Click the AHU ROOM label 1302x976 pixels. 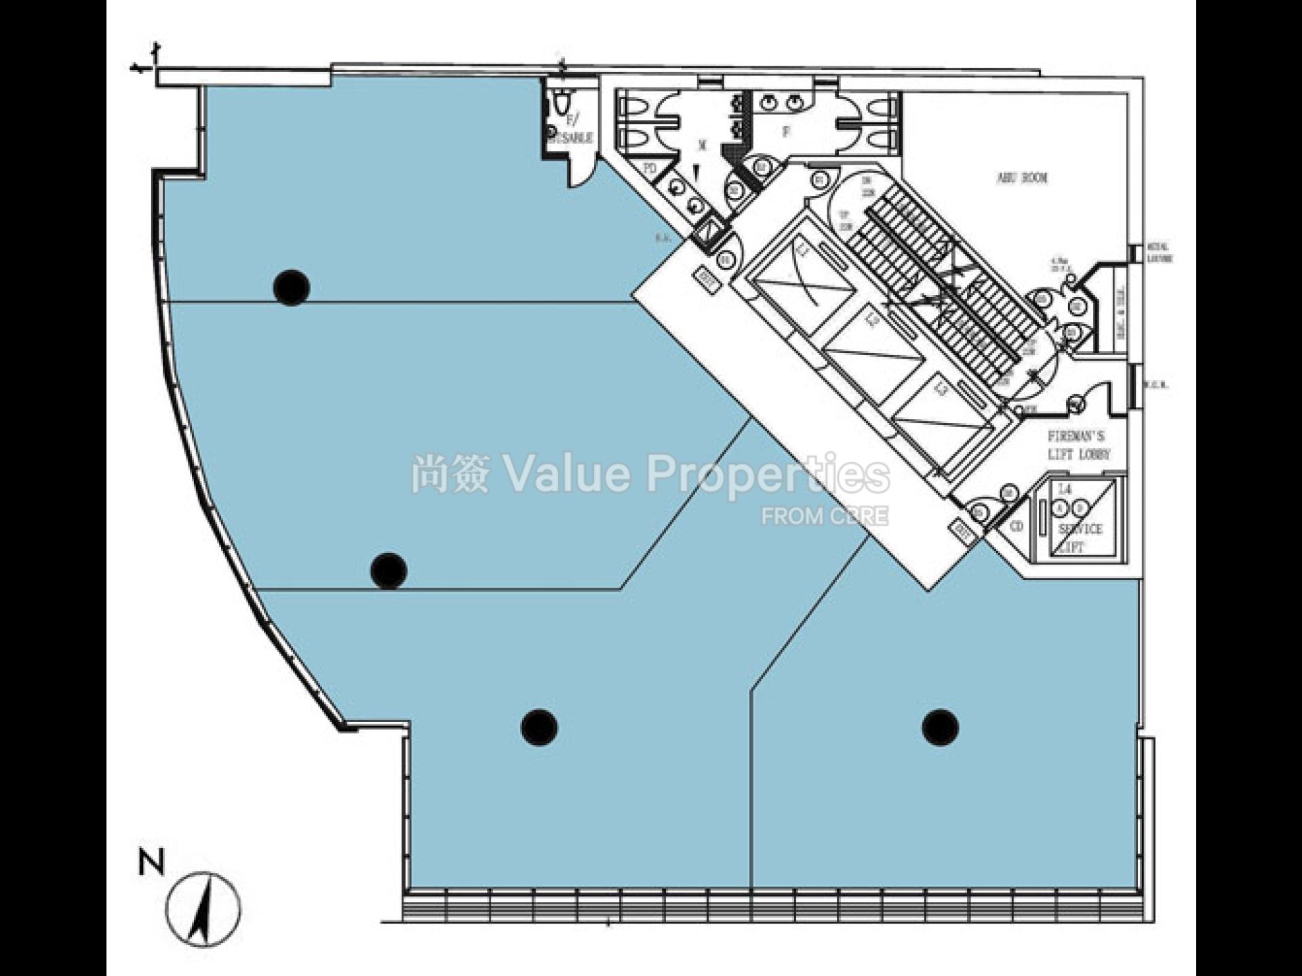tap(1022, 178)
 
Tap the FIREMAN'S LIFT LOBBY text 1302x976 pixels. tap(1078, 445)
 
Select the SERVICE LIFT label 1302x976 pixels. tap(1080, 537)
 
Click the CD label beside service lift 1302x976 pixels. tap(1017, 526)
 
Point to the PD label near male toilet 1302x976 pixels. tap(650, 167)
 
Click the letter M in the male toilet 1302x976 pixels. tap(703, 145)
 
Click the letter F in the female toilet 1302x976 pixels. tap(787, 132)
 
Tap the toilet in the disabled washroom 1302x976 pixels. tap(560, 104)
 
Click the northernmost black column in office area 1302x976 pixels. tap(292, 287)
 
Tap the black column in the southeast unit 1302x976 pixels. tap(940, 727)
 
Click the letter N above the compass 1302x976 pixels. tap(151, 863)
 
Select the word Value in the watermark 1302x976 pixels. tap(566, 474)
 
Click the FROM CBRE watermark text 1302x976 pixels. tap(824, 516)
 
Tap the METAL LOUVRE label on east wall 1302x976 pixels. tap(1160, 253)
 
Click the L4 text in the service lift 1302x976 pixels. tap(1065, 489)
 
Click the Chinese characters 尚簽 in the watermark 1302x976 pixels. tap(450, 474)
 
